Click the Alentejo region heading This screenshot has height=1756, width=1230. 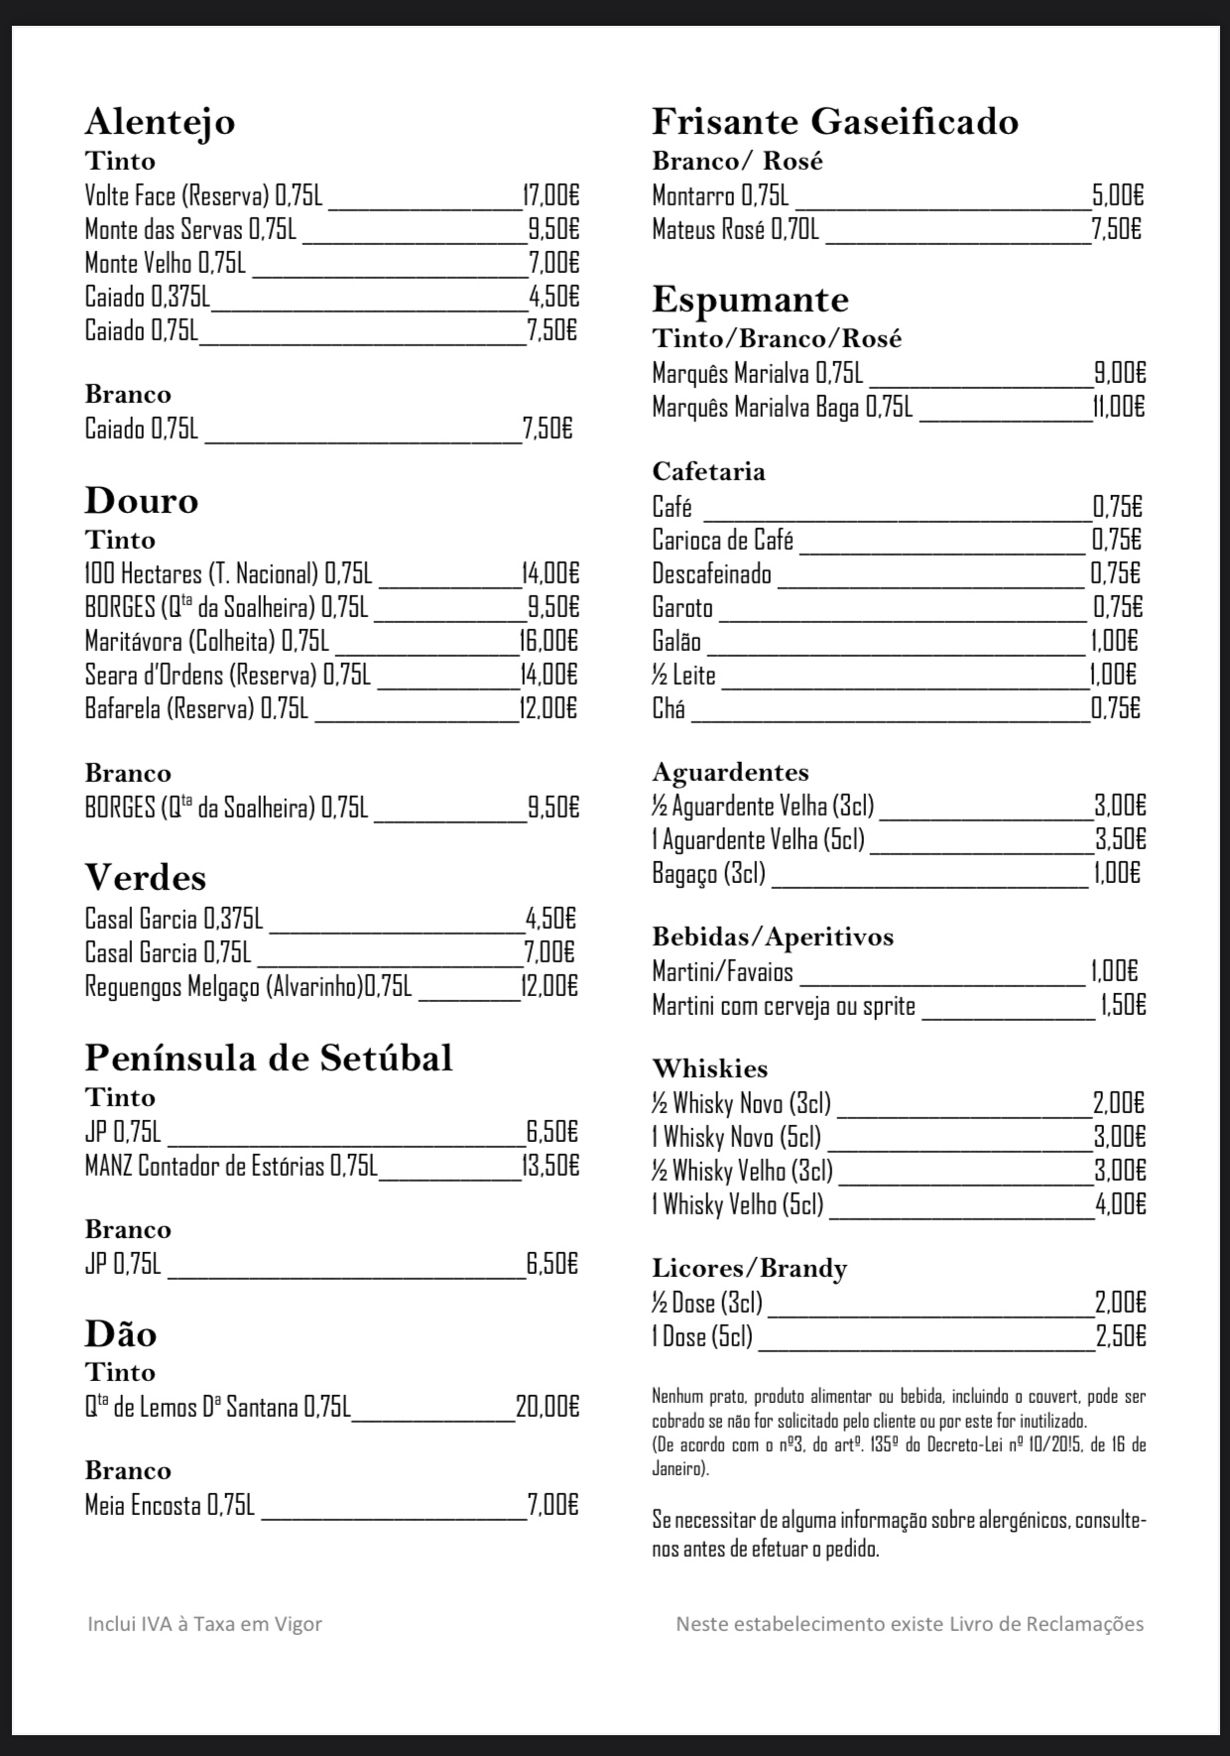(x=160, y=122)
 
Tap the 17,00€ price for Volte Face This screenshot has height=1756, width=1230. (x=551, y=195)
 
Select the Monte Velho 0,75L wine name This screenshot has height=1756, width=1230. (x=166, y=263)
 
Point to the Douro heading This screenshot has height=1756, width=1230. (x=141, y=501)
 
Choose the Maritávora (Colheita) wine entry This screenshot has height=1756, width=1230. (x=206, y=641)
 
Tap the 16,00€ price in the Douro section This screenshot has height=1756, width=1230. (x=549, y=641)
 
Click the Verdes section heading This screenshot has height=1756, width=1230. (x=145, y=878)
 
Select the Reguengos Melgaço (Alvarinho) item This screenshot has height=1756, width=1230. (x=247, y=987)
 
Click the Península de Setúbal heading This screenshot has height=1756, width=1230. (x=268, y=1059)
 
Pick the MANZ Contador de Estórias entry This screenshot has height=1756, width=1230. (x=230, y=1166)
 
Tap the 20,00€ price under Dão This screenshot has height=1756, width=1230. (x=548, y=1407)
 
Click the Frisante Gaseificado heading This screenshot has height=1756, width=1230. (x=834, y=122)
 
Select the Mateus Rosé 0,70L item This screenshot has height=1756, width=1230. (x=735, y=230)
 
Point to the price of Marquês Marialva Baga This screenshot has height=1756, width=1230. (x=1119, y=407)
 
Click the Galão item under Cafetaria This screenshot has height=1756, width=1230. (x=676, y=642)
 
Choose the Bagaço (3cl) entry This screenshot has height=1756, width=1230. (x=708, y=873)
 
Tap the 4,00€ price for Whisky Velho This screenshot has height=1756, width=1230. (x=1120, y=1204)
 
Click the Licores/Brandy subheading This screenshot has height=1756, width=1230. (x=749, y=1269)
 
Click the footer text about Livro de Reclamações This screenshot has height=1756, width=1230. (x=909, y=1624)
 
